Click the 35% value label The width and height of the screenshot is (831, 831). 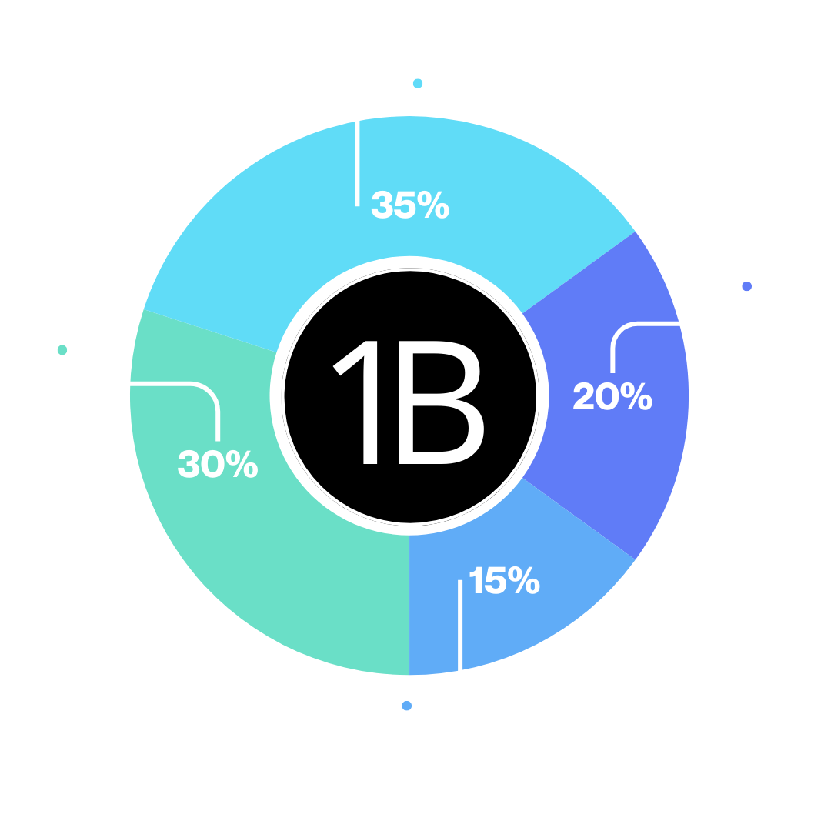[x=410, y=205]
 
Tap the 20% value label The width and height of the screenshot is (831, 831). [x=612, y=396]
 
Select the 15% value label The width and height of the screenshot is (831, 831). [x=504, y=581]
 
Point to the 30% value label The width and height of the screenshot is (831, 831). [x=218, y=465]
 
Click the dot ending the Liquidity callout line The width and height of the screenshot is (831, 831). [x=418, y=83]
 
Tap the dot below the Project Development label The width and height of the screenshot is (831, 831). [x=746, y=287]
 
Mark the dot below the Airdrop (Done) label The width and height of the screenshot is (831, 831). [x=62, y=350]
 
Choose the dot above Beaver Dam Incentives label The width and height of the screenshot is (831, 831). [x=407, y=705]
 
